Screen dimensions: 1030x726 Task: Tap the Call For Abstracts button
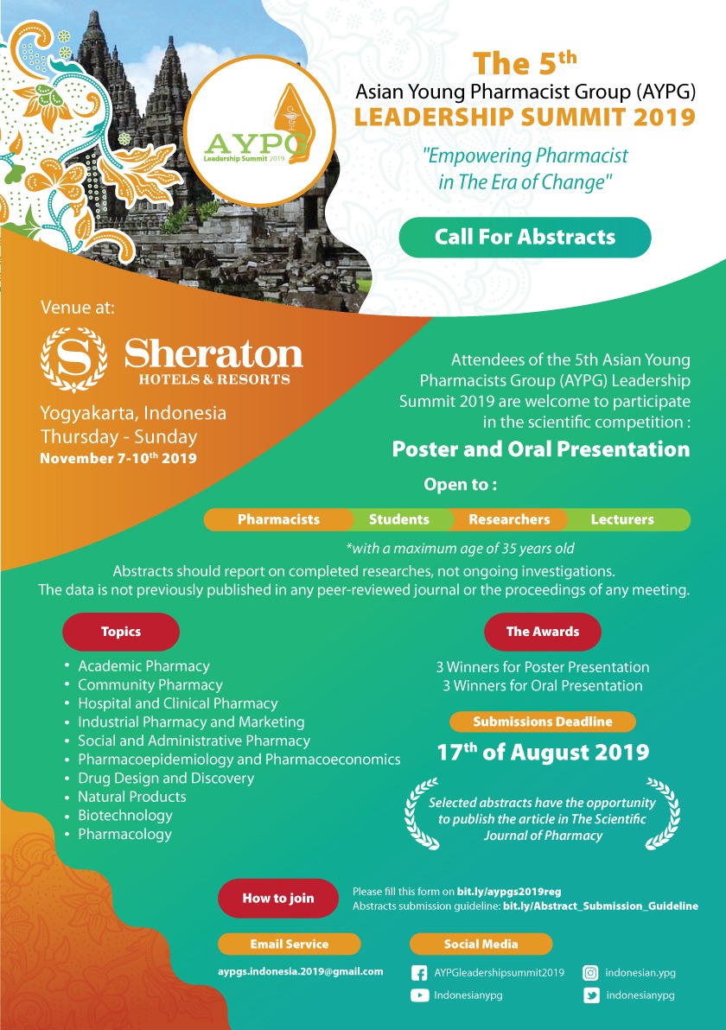525,237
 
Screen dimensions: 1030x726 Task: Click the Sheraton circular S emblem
74,355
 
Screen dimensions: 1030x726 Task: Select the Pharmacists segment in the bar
278,519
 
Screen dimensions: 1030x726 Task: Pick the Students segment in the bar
398,519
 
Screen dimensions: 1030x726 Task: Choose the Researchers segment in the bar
509,519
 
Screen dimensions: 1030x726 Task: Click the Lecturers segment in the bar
622,519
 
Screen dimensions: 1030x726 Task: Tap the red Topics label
121,632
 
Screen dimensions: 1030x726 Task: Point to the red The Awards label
542,632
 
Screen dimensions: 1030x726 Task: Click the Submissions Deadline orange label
542,722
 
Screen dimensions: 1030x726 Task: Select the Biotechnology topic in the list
125,815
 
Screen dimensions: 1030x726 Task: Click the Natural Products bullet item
132,797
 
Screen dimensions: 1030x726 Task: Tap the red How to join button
277,898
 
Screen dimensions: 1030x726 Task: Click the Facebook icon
419,973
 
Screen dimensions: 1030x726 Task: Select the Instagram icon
591,973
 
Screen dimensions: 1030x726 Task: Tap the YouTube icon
419,995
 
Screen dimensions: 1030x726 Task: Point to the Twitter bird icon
591,995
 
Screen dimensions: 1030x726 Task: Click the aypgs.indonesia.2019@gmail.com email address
300,971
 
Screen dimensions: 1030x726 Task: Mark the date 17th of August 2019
542,752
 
